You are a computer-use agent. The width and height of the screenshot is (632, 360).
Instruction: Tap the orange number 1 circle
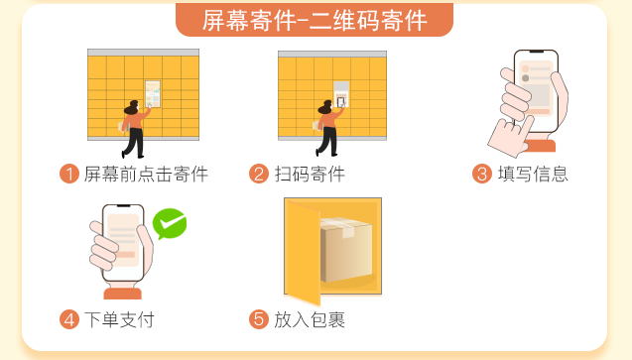coord(69,175)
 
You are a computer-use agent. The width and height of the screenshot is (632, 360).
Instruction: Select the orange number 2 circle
coord(259,175)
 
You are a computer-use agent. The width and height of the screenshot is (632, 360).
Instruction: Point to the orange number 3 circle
coord(481,175)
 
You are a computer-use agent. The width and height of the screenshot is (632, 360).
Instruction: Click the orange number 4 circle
coord(69,319)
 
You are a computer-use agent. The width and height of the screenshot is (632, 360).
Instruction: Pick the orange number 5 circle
coord(259,319)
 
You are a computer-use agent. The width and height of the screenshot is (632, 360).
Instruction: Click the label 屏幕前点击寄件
coord(146,175)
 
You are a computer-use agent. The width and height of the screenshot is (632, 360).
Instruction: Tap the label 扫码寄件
coord(310,175)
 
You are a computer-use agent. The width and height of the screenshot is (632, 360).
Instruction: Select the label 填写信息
coord(533,175)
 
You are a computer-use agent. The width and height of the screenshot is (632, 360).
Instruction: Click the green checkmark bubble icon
coord(170,224)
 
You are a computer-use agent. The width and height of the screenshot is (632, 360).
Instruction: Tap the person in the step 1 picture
coord(132,127)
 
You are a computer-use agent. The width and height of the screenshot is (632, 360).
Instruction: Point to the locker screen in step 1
coord(152,92)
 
